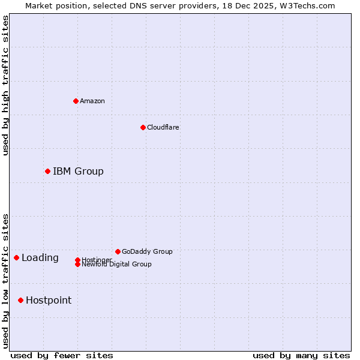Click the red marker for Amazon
click(76, 101)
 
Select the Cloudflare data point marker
click(143, 127)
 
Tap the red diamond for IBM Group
click(47, 171)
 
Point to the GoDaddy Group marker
click(118, 251)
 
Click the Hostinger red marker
click(77, 260)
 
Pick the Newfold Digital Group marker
click(77, 264)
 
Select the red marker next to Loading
click(16, 257)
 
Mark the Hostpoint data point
click(20, 300)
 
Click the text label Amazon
click(92, 101)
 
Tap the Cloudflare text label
click(163, 127)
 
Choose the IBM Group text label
click(78, 171)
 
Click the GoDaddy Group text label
click(147, 251)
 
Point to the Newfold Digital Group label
click(116, 264)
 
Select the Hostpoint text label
click(49, 300)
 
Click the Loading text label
click(40, 257)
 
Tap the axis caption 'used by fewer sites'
click(62, 355)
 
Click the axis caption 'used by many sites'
click(301, 355)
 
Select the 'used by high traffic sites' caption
click(5, 85)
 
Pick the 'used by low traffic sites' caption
click(5, 280)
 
